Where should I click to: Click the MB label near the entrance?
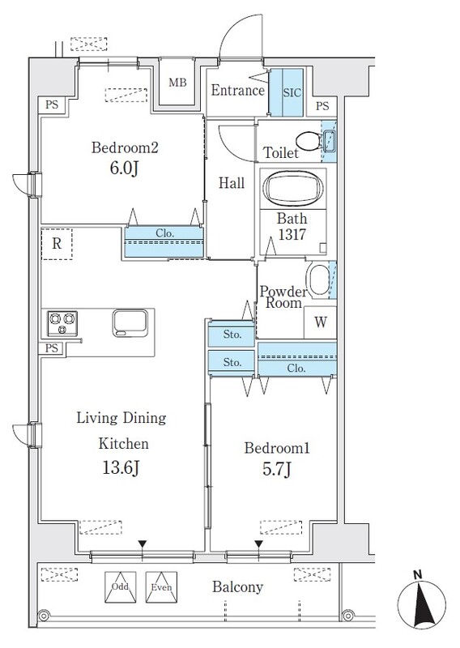[x=177, y=83]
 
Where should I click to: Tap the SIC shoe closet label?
[x=292, y=92]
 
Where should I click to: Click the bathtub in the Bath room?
[x=293, y=188]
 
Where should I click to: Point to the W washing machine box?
[x=321, y=322]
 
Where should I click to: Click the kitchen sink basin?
[x=130, y=322]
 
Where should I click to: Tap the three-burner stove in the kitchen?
[x=62, y=323]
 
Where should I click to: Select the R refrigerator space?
[x=57, y=244]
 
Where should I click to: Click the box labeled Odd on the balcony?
[x=121, y=586]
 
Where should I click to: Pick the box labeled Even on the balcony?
[x=161, y=586]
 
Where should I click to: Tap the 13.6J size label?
[x=121, y=468]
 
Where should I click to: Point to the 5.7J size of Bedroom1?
[x=277, y=469]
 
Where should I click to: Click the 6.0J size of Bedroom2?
[x=124, y=168]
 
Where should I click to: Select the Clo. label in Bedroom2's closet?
[x=164, y=233]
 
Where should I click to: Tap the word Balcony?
[x=237, y=586]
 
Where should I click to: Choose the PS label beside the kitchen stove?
[x=52, y=348]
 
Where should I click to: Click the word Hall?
[x=232, y=183]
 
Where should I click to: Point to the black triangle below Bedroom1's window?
[x=258, y=544]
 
